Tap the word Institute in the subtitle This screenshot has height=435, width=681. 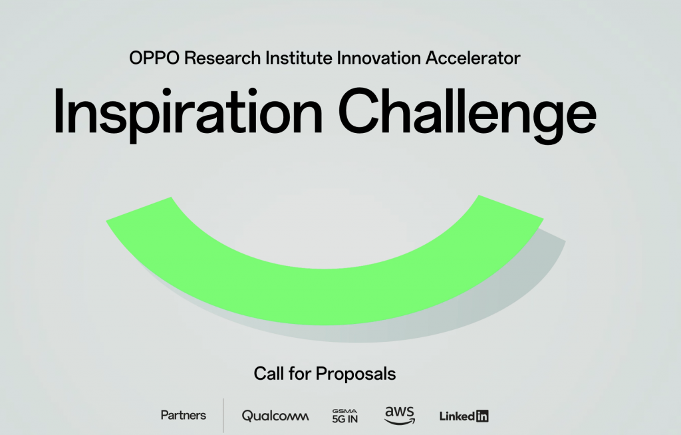tap(299, 58)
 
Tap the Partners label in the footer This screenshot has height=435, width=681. tap(184, 415)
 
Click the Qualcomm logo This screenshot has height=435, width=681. tap(275, 416)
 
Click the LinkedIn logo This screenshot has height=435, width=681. tap(464, 416)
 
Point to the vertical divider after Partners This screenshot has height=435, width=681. tap(223, 415)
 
